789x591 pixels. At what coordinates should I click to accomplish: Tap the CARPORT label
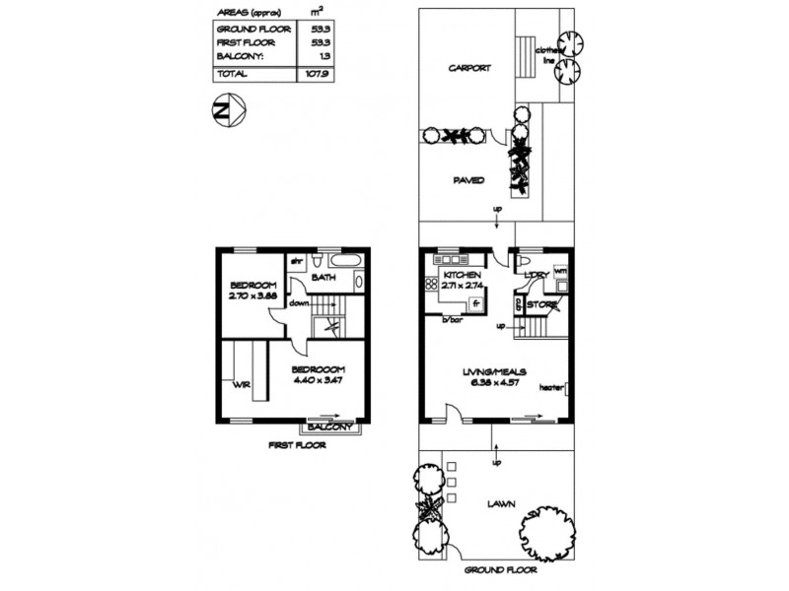coord(469,69)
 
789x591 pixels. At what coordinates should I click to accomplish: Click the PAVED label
coord(467,181)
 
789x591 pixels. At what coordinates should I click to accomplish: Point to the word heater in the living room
coord(551,387)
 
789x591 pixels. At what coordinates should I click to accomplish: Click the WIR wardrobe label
coord(240,384)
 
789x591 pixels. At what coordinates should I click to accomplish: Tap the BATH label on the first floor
coord(324,279)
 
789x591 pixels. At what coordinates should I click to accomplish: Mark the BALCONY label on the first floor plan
coord(329,427)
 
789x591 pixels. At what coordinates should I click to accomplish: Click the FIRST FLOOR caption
coord(297,445)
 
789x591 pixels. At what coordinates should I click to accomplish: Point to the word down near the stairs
coord(299,303)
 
